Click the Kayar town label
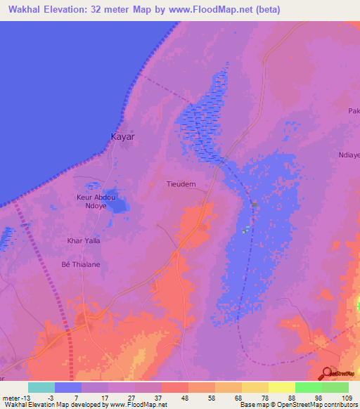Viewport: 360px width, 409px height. pyautogui.click(x=123, y=137)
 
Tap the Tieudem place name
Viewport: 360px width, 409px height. pyautogui.click(x=181, y=183)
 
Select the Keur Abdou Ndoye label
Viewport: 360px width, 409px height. pyautogui.click(x=93, y=202)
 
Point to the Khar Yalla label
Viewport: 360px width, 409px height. pyautogui.click(x=83, y=240)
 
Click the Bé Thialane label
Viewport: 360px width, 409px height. pyautogui.click(x=82, y=264)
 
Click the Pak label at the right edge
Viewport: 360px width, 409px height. pyautogui.click(x=354, y=111)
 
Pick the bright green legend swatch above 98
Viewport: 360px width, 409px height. pyautogui.click(x=308, y=387)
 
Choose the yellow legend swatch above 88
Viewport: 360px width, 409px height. pyautogui.click(x=281, y=387)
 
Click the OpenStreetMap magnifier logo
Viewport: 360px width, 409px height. pyautogui.click(x=327, y=374)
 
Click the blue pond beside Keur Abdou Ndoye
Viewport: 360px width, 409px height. pyautogui.click(x=118, y=205)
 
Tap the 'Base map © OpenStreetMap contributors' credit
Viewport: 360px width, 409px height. pyautogui.click(x=298, y=405)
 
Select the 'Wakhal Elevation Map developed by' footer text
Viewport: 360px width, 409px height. pyautogui.click(x=55, y=405)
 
